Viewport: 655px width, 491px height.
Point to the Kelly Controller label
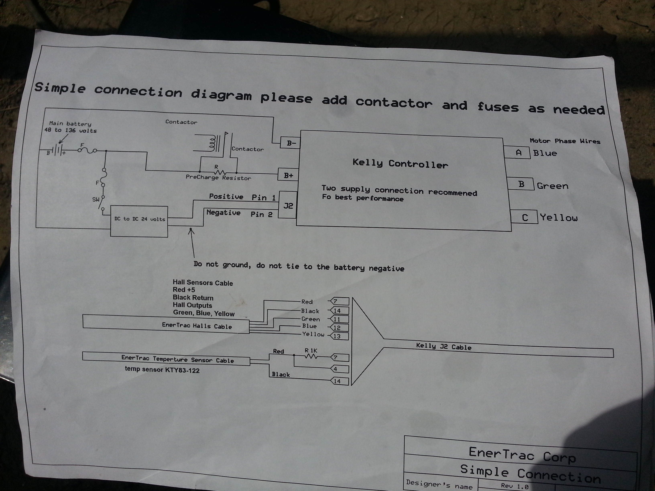tap(400, 163)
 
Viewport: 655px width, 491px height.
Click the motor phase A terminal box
tap(517, 153)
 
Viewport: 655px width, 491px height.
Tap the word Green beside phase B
tap(552, 186)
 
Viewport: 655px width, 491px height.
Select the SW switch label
tap(96, 200)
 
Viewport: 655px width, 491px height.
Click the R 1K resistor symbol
tap(311, 356)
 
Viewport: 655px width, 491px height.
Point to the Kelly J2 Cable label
tap(443, 347)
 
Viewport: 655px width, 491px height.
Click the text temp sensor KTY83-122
tap(162, 370)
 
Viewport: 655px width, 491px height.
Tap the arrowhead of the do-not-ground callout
tap(191, 230)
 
